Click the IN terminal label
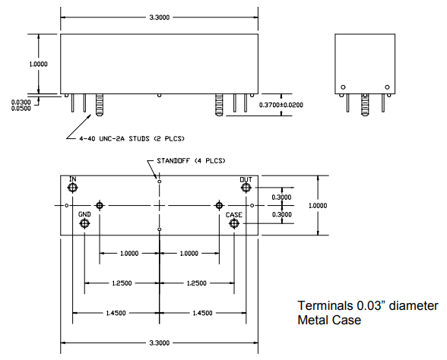click(x=73, y=179)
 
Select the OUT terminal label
click(x=246, y=179)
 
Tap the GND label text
click(x=84, y=215)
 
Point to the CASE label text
click(x=234, y=215)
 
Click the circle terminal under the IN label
click(x=73, y=188)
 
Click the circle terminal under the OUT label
click(x=246, y=188)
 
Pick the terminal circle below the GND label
click(x=84, y=225)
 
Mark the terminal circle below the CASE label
click(x=234, y=225)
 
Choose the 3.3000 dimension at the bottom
click(x=159, y=341)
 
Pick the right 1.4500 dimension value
click(x=201, y=312)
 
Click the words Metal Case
click(x=329, y=321)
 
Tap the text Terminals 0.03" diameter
click(x=367, y=306)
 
